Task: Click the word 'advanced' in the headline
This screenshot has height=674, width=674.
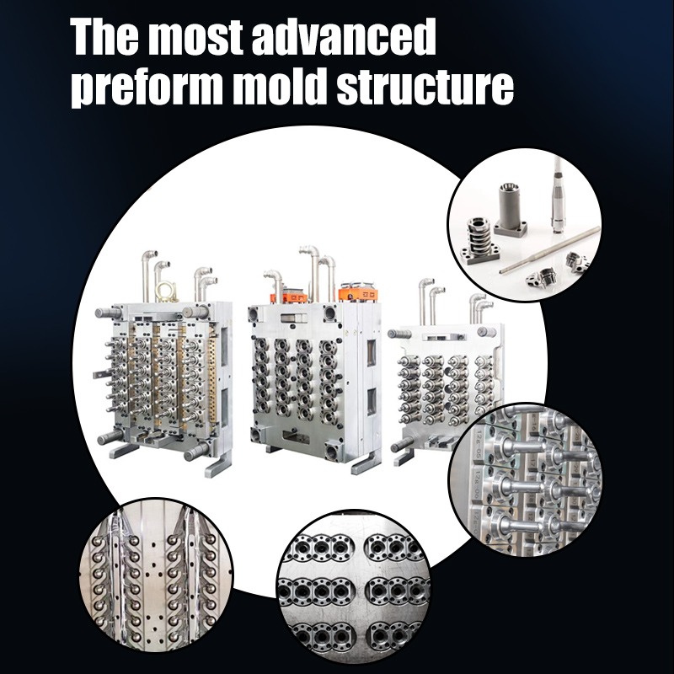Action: click(x=343, y=36)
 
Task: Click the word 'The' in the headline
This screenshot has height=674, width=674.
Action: click(x=104, y=36)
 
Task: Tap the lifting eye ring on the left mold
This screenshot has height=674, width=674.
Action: click(x=167, y=292)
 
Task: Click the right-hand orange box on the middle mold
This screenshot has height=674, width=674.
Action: click(x=357, y=293)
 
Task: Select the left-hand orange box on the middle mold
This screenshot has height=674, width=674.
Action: click(x=288, y=297)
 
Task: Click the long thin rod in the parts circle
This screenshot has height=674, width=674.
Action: click(x=549, y=250)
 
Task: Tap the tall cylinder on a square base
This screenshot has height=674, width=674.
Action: click(x=510, y=208)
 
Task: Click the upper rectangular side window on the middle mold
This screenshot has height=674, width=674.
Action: click(x=371, y=353)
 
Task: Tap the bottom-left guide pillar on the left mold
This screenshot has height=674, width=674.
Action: click(x=109, y=437)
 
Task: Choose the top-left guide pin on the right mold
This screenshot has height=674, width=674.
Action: click(x=398, y=334)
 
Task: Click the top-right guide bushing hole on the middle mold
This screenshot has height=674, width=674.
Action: click(x=330, y=313)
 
